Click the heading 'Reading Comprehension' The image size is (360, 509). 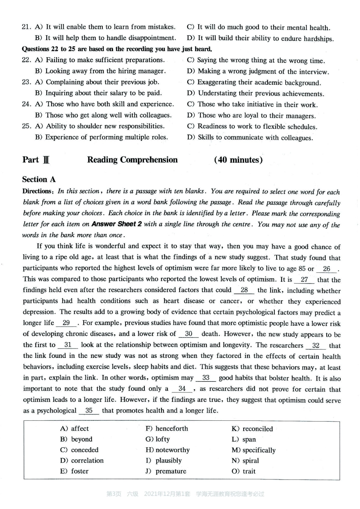point(132,160)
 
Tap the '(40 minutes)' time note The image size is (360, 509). point(238,160)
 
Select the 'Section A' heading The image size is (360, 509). point(39,180)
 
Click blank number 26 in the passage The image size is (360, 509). point(327,269)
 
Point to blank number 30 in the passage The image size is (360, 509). point(189,334)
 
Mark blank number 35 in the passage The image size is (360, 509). point(89,411)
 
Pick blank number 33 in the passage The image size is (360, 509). point(206,378)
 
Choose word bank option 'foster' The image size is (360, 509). point(79,471)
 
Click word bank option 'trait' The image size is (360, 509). point(249,471)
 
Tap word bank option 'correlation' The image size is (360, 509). point(87,461)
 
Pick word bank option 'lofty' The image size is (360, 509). point(162,439)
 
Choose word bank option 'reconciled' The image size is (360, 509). point(257,429)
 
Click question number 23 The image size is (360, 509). point(26,82)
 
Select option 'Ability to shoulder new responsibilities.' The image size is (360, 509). point(105,126)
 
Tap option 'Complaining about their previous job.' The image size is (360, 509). point(102,82)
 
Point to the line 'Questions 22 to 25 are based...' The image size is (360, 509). point(117,49)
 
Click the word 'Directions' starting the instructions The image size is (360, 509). point(37,191)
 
